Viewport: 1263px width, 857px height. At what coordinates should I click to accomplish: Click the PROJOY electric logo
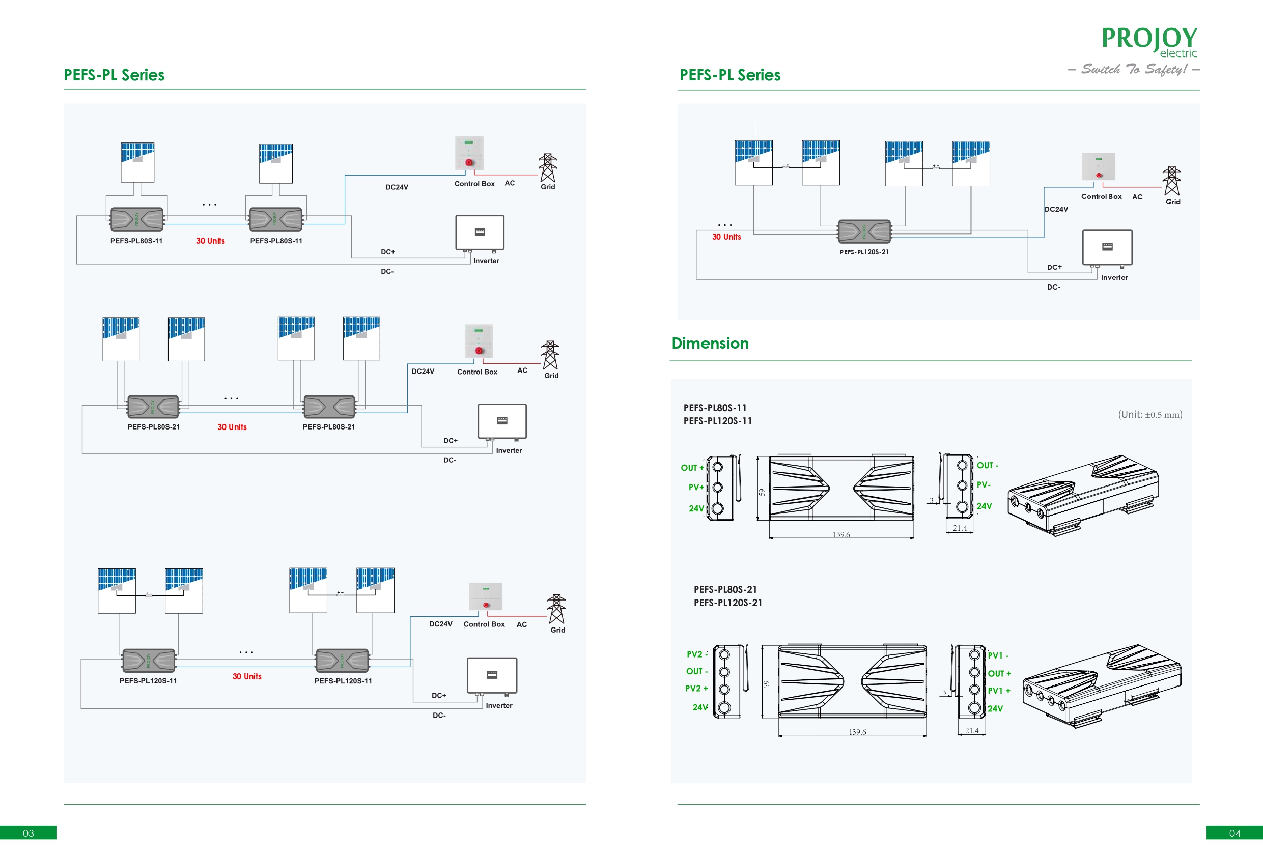1149,41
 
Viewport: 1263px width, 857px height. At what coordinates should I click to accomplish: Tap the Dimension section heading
710,344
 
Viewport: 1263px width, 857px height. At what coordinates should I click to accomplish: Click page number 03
29,833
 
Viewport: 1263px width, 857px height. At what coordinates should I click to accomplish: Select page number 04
1234,833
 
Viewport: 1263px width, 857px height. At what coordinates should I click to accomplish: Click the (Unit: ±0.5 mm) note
1149,415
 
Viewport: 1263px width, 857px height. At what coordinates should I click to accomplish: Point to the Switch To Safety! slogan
1134,70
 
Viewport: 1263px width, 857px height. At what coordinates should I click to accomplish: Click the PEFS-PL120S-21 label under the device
864,252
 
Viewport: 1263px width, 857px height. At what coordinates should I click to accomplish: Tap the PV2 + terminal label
696,689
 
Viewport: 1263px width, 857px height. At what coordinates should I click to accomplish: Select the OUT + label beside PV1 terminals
999,674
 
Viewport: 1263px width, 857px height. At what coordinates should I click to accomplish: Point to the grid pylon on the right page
1171,181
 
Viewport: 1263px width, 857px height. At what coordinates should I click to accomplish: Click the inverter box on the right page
1107,247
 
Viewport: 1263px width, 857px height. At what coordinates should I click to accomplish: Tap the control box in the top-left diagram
469,153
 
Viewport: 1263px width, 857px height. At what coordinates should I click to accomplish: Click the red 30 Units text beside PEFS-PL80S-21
232,427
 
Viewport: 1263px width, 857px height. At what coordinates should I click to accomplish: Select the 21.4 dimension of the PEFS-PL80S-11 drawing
960,528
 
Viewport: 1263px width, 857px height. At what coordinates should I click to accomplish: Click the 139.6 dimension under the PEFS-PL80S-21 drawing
857,732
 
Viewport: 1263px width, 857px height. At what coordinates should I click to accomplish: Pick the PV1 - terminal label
998,656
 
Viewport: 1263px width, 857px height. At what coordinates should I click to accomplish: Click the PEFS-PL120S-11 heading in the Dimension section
717,421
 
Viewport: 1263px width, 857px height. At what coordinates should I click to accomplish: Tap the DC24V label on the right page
1056,209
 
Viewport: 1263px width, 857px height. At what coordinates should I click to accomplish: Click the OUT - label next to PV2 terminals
696,672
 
